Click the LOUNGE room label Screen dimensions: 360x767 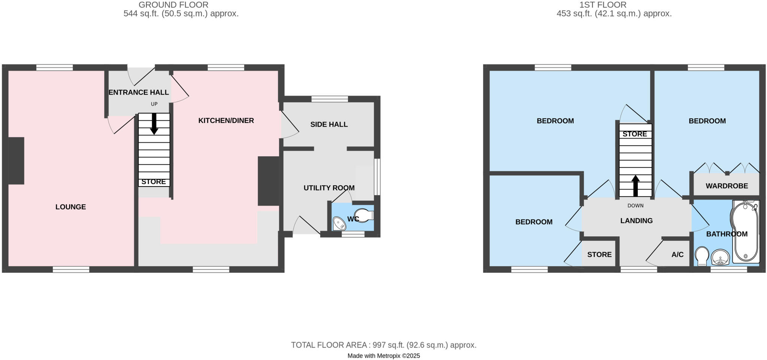(70, 207)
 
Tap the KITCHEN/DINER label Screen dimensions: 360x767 (226, 121)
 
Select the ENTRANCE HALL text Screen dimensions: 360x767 (139, 92)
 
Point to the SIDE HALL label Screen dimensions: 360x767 (329, 124)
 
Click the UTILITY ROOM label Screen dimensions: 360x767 (329, 188)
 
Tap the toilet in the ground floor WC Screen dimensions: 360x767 (363, 216)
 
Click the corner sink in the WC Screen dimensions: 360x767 (339, 224)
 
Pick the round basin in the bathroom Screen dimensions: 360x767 (720, 257)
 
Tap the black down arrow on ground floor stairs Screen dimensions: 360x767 (154, 124)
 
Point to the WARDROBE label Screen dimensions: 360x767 (727, 186)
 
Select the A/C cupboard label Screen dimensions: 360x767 (677, 255)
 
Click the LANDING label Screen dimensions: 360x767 (636, 221)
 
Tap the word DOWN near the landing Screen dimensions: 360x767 (636, 206)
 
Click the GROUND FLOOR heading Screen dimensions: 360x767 (173, 5)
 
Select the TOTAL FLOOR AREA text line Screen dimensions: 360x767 (383, 345)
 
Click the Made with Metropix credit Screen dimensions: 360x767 (383, 356)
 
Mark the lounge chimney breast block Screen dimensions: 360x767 (16, 161)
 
